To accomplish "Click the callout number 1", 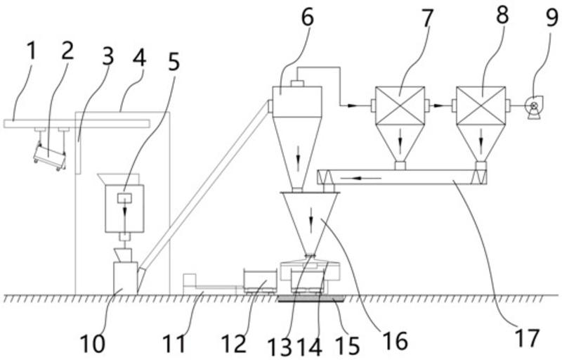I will click(x=32, y=51).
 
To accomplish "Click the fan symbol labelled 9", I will click(x=534, y=107).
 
